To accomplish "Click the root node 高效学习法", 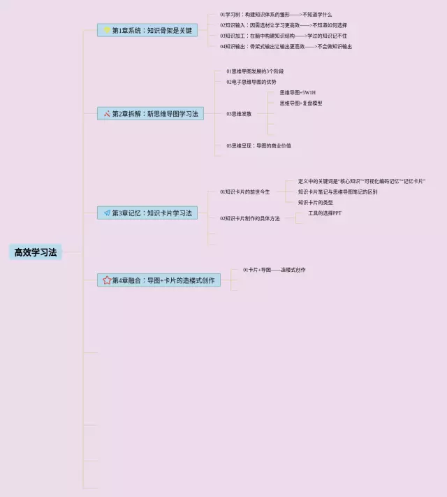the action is pos(36,252).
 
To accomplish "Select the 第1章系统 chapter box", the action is pos(147,30).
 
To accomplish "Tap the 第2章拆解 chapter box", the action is pos(151,113).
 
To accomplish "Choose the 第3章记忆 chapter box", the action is pos(147,213).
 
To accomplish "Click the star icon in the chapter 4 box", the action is pos(107,280).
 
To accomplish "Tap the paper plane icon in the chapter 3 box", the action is pos(107,213).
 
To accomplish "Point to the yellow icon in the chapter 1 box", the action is pos(107,30).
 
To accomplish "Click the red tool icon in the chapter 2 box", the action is pos(107,113).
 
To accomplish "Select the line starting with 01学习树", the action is pos(276,14).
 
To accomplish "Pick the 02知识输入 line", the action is pos(284,25).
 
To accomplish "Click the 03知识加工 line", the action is pos(284,36).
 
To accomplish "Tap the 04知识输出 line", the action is pos(286,47).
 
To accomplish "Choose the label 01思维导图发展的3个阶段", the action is pos(255,71).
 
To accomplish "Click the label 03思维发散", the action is pos(239,113).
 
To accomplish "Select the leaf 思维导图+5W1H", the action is pos(298,92).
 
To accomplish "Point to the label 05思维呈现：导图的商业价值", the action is pos(258,145).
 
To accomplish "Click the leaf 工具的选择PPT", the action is pos(320,213).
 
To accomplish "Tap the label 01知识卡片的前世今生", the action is pos(244,192).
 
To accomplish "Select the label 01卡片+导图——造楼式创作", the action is pos(274,270).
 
